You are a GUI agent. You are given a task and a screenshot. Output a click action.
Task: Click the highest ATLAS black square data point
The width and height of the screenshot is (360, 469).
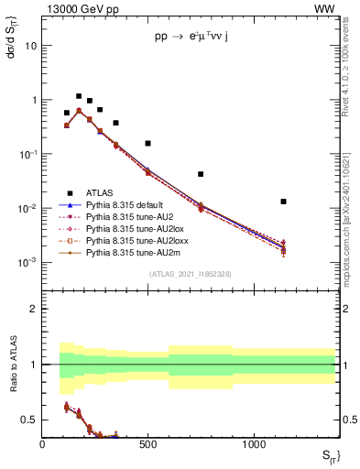pyautogui.click(x=79, y=96)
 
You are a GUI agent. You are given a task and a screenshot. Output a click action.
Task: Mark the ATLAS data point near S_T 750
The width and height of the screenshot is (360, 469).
pyautogui.click(x=201, y=174)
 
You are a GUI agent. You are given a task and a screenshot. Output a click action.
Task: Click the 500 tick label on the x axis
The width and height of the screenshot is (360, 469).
pyautogui.click(x=148, y=444)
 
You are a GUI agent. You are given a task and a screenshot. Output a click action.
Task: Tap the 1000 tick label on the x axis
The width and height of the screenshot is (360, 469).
pyautogui.click(x=254, y=444)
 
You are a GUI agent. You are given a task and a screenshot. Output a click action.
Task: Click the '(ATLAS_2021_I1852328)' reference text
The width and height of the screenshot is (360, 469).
pyautogui.click(x=190, y=275)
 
